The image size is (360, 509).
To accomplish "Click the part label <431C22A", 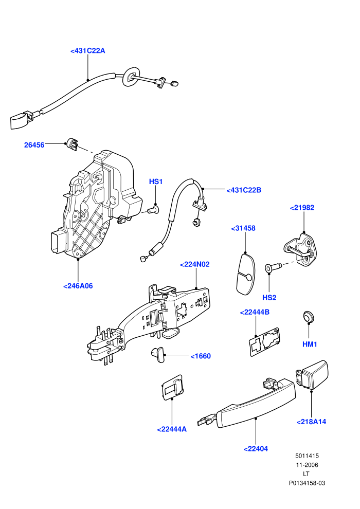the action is [87, 50].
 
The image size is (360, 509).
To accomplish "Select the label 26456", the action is [34, 145].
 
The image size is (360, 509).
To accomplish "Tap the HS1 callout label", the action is [155, 182].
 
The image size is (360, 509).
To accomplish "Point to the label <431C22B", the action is [244, 190].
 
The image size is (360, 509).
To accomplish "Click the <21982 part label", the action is [302, 208].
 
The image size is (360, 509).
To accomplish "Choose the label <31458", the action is [243, 228].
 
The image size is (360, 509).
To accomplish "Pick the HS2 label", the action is [269, 298].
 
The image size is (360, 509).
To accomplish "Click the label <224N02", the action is [195, 265].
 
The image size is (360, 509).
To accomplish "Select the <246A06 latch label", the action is [78, 286].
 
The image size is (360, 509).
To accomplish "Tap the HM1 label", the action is [310, 344].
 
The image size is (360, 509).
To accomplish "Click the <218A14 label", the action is [311, 422].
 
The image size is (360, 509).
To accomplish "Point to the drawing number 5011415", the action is [307, 456].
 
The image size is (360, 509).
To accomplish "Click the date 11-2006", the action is [307, 465].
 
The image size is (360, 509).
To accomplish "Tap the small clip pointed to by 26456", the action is [72, 144].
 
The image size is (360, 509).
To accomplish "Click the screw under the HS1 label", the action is [154, 209].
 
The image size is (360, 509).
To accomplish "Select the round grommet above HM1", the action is [309, 317].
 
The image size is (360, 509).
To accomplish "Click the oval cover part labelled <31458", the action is [245, 275].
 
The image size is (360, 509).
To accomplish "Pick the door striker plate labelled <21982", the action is [300, 249].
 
